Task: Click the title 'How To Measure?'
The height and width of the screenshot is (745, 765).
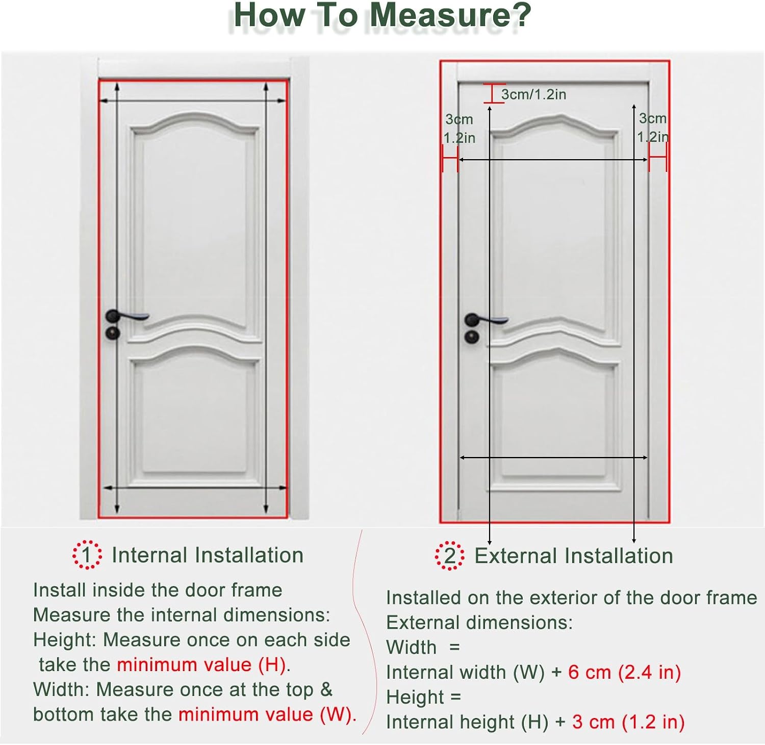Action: pyautogui.click(x=382, y=15)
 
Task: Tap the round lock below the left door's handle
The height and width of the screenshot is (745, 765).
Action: pyautogui.click(x=112, y=333)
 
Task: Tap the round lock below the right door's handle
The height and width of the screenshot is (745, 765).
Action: pyautogui.click(x=471, y=337)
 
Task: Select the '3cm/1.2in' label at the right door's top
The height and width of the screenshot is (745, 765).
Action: pyautogui.click(x=533, y=94)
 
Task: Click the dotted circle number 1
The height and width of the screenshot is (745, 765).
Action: pyautogui.click(x=87, y=555)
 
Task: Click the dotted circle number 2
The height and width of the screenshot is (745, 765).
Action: pyautogui.click(x=449, y=556)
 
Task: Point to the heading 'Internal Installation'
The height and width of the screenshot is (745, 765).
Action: pyautogui.click(x=208, y=555)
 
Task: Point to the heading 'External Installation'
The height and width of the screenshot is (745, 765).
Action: pyautogui.click(x=574, y=556)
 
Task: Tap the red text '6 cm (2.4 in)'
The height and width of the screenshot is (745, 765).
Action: pyautogui.click(x=625, y=673)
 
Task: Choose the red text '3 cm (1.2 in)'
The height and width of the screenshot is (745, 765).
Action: pyautogui.click(x=628, y=722)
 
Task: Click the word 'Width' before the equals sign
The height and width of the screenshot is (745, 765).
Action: pyautogui.click(x=411, y=648)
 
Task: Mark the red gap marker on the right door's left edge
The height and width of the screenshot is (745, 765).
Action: pyautogui.click(x=450, y=159)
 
